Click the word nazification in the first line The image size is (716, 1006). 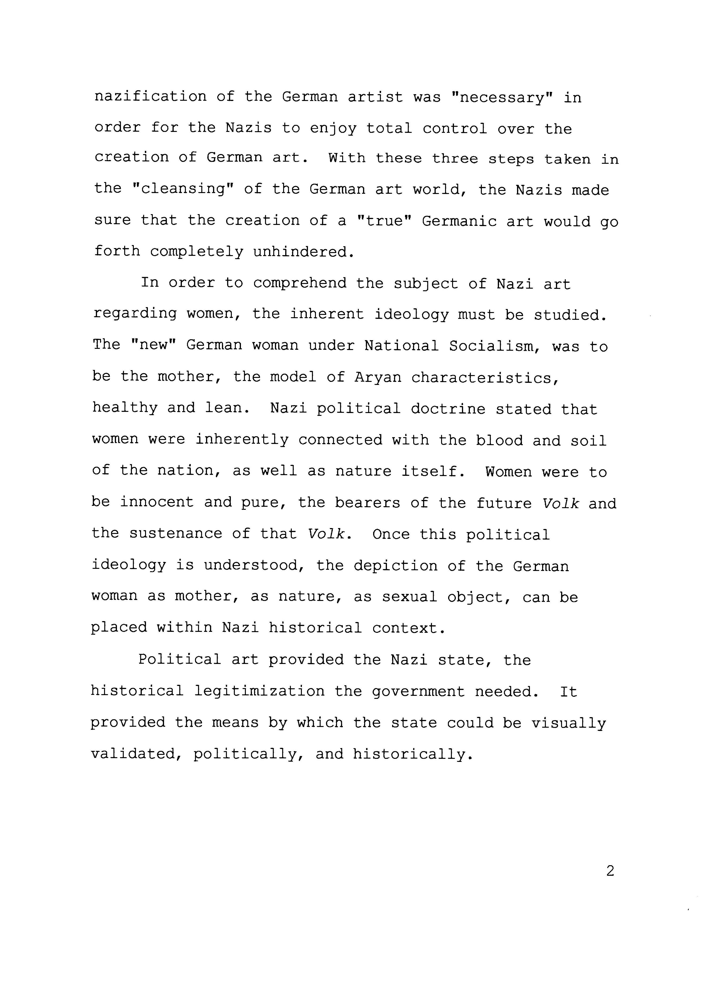(x=150, y=97)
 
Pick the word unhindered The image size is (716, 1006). (x=303, y=252)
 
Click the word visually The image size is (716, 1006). (x=569, y=723)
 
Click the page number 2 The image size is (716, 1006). (x=610, y=871)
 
